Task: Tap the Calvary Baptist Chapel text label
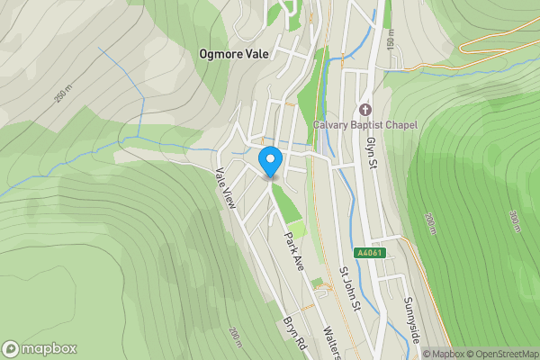click(364, 124)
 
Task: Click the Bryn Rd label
click(294, 334)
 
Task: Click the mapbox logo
click(40, 348)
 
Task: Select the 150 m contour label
click(391, 40)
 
